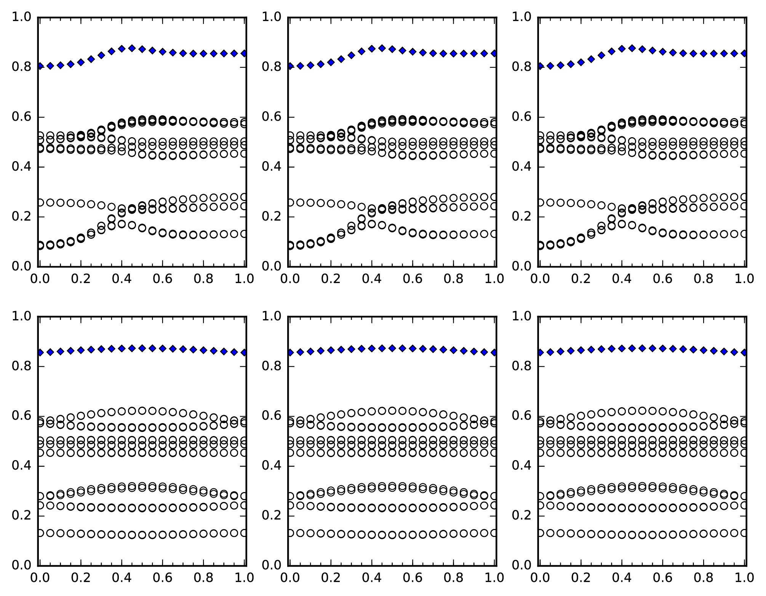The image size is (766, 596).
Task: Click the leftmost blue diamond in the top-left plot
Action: pyautogui.click(x=40, y=66)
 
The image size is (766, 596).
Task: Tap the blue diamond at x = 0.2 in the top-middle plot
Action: pyautogui.click(x=331, y=62)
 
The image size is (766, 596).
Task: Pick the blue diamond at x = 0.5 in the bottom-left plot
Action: pyautogui.click(x=142, y=348)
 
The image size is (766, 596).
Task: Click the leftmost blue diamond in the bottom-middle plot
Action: pyautogui.click(x=290, y=353)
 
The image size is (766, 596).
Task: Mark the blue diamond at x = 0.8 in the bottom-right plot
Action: pyautogui.click(x=703, y=350)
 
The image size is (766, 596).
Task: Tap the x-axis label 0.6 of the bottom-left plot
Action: pyautogui.click(x=163, y=577)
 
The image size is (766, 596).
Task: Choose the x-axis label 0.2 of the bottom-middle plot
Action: pyautogui.click(x=331, y=577)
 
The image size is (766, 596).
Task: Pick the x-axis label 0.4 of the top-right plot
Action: pyautogui.click(x=622, y=278)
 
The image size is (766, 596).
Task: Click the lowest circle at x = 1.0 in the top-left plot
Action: pyautogui.click(x=244, y=234)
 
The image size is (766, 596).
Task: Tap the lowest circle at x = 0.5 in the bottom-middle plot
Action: pyautogui.click(x=392, y=535)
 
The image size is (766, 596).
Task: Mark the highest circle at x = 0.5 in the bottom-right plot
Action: pyautogui.click(x=642, y=411)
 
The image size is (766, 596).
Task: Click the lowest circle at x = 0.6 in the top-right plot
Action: pyautogui.click(x=662, y=233)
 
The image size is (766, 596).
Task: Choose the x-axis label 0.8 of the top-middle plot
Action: pyautogui.click(x=453, y=278)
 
